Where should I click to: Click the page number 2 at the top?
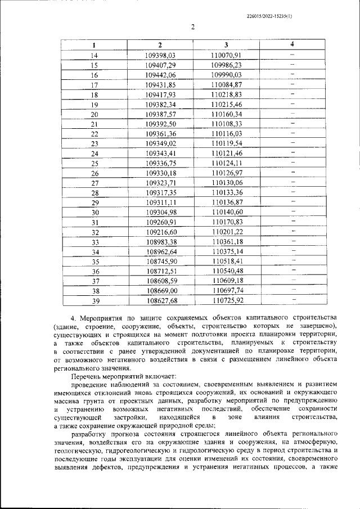tap(192, 27)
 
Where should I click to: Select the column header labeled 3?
tap(226, 45)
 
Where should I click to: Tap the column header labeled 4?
tap(292, 44)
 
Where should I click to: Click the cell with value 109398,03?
tap(160, 55)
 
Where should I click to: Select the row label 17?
tap(94, 85)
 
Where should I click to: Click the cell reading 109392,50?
tap(160, 124)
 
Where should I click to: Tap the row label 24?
tap(94, 154)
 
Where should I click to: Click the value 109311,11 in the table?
tap(161, 202)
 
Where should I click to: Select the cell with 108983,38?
tap(161, 242)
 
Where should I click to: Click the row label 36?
tap(94, 271)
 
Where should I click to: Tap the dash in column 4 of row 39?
tap(293, 300)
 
